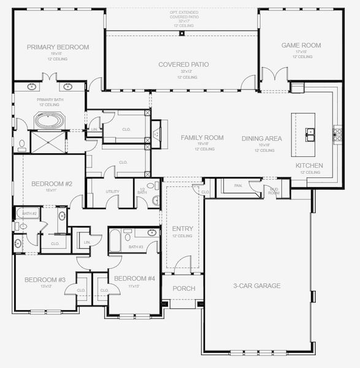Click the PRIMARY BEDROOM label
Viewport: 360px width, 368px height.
(x=58, y=47)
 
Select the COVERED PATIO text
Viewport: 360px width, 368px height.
(x=183, y=64)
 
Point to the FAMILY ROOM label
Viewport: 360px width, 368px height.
(x=202, y=138)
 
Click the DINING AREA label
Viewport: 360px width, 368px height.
(x=261, y=139)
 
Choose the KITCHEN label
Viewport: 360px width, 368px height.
(x=308, y=166)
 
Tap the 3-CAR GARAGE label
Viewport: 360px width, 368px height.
(x=257, y=286)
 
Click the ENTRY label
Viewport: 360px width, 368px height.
(x=183, y=229)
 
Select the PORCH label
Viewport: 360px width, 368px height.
(x=183, y=288)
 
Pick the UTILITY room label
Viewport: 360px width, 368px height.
(x=112, y=192)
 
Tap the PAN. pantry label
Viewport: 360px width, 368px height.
(x=238, y=185)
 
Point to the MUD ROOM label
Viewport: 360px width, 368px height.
(x=274, y=191)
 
